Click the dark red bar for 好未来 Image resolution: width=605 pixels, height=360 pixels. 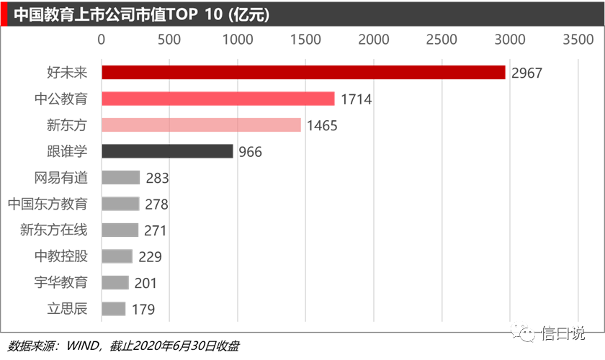click(x=302, y=72)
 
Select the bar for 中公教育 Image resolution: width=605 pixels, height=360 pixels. click(x=218, y=99)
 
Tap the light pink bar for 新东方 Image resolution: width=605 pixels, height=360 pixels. click(x=201, y=125)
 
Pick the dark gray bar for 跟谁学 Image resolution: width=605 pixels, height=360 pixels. click(x=167, y=151)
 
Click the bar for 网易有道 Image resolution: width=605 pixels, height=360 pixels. click(x=120, y=177)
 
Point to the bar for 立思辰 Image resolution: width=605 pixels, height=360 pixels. click(x=114, y=309)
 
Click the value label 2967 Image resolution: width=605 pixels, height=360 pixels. click(x=526, y=73)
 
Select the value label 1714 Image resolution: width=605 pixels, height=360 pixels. click(x=357, y=99)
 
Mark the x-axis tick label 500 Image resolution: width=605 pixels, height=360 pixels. click(x=169, y=40)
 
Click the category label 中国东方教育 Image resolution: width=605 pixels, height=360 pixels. click(x=48, y=204)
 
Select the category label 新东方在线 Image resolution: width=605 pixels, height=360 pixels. click(x=53, y=230)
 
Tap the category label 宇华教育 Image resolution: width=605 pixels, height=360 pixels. click(x=60, y=283)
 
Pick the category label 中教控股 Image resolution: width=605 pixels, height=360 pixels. click(x=60, y=256)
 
